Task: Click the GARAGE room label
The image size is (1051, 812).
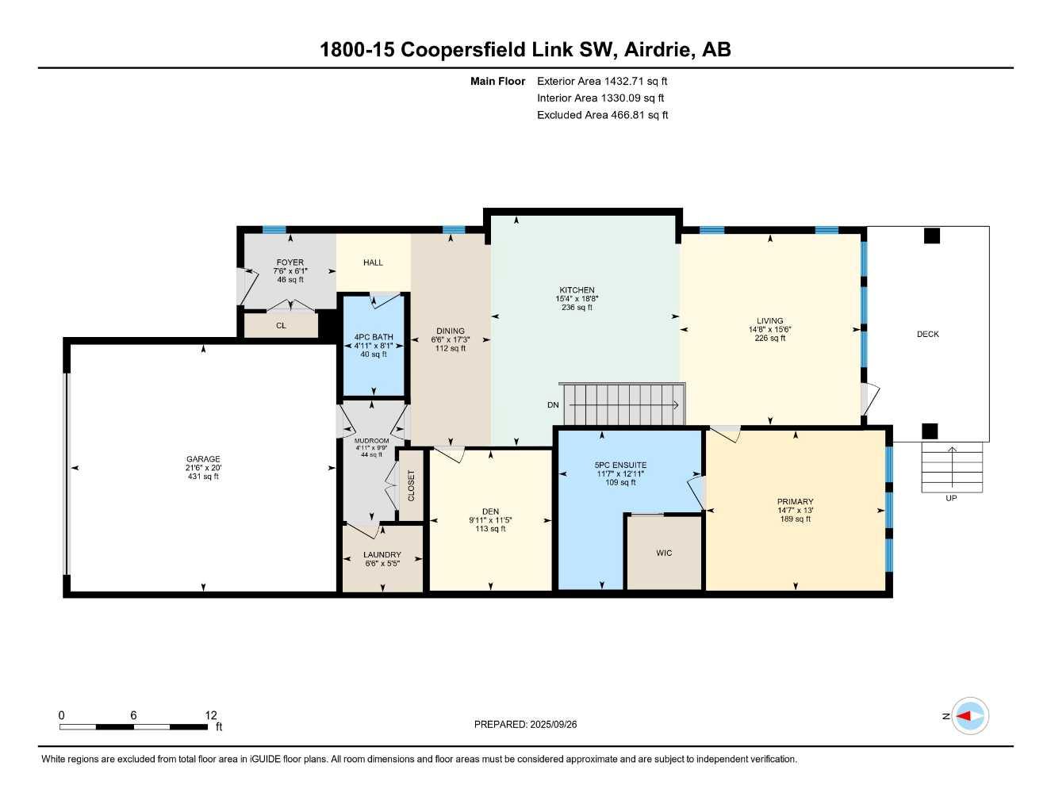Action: [x=203, y=459]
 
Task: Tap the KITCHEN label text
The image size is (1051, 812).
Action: [x=577, y=290]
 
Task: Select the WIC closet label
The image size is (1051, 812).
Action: [x=664, y=553]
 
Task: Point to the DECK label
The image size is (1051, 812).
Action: [x=927, y=334]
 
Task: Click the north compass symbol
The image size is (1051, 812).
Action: [x=969, y=716]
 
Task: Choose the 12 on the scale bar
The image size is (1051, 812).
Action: [x=210, y=715]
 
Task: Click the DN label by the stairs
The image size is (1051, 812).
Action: [x=553, y=405]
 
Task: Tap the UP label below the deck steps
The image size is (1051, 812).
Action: [x=951, y=498]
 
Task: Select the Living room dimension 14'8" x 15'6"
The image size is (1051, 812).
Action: [x=769, y=330]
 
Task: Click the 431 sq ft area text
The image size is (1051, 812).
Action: [x=203, y=477]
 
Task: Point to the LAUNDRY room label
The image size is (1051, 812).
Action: [x=382, y=555]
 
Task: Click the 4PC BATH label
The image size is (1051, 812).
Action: [x=374, y=338]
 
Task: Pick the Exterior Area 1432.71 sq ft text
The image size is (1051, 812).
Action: [x=602, y=81]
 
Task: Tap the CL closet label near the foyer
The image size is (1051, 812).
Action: [x=281, y=326]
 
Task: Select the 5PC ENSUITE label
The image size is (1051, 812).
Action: [x=620, y=465]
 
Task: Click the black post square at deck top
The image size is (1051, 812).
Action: [x=932, y=236]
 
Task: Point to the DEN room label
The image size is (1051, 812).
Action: [x=490, y=511]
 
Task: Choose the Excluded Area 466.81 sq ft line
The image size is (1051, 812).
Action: [x=602, y=115]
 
